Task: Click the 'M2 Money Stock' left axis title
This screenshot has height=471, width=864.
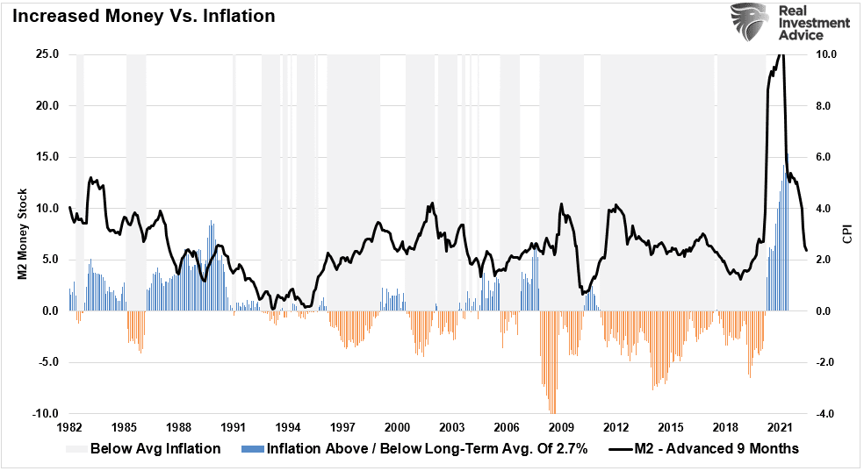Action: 25,234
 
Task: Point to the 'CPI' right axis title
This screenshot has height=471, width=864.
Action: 847,234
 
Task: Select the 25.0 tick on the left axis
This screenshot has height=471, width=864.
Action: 47,54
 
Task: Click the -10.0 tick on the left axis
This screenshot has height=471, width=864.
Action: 46,414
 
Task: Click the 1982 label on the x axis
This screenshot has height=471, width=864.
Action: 69,427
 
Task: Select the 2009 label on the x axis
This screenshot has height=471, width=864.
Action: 562,427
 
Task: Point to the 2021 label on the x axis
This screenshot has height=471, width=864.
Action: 781,427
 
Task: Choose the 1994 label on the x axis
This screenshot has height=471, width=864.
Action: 288,427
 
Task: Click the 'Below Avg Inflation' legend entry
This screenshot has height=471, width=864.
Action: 143,449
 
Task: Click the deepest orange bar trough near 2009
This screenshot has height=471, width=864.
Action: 552,410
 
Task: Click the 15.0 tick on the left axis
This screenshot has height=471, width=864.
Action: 47,157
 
